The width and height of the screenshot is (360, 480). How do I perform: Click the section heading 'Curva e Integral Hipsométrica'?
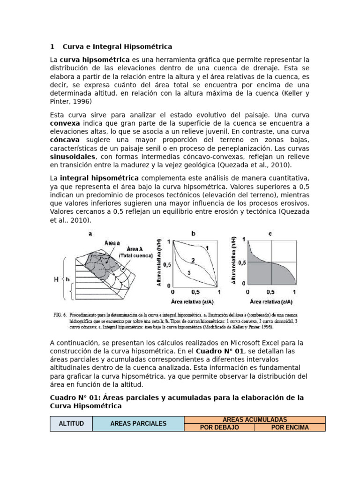coord(117,46)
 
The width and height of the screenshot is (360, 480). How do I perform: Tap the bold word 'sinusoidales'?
coord(73,157)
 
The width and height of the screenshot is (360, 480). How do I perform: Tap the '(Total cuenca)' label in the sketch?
coord(136,255)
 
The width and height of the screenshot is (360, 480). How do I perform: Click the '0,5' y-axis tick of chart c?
coord(241,262)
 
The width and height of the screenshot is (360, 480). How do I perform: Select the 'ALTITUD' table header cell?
coord(71,423)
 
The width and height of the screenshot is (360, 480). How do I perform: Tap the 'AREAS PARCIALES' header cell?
coord(138,423)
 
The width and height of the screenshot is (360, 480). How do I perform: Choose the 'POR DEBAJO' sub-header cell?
coord(219,427)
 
